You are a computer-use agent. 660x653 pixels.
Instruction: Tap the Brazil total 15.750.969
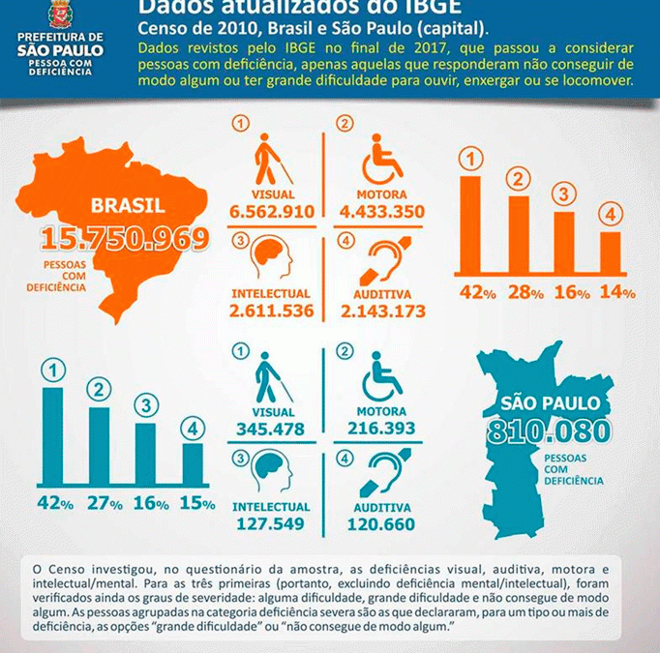tap(125, 240)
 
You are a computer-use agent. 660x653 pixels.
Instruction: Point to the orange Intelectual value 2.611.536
tap(271, 311)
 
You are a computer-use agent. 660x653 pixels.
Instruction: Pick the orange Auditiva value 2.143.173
tap(382, 311)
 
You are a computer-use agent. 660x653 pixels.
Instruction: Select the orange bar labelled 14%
tap(610, 253)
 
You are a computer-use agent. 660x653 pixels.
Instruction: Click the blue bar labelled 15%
tap(193, 464)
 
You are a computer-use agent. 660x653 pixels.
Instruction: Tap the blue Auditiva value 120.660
tap(382, 524)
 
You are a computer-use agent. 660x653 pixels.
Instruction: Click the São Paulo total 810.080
tap(549, 432)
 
